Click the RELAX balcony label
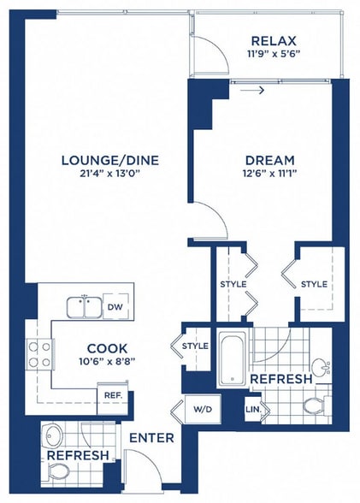point(273,42)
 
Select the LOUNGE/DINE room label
point(110,160)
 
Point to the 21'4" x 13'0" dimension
point(110,175)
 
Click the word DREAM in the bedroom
point(269,160)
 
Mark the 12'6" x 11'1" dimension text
point(269,175)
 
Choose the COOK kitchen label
point(107,349)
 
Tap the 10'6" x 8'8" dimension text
point(107,363)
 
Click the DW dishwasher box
point(114,306)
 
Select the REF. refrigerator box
point(111,395)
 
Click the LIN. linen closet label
point(255,410)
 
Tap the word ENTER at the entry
point(151,438)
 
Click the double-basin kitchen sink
point(85,306)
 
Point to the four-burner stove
point(38,354)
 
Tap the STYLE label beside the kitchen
point(195,346)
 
